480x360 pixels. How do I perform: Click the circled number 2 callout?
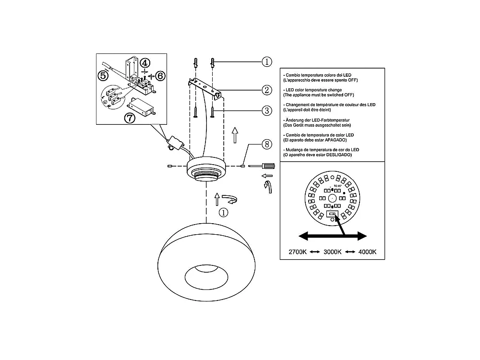tap(267, 90)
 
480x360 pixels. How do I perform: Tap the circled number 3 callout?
tap(267, 111)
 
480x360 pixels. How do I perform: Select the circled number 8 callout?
tap(267, 144)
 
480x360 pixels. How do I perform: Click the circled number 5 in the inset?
tap(103, 75)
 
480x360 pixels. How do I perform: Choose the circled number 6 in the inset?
tap(160, 76)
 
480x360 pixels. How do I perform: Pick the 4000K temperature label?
tap(366, 252)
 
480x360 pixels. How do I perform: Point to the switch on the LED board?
tap(332, 214)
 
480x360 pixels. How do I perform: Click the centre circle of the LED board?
tap(332, 198)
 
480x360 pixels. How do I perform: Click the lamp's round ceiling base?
tap(206, 168)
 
